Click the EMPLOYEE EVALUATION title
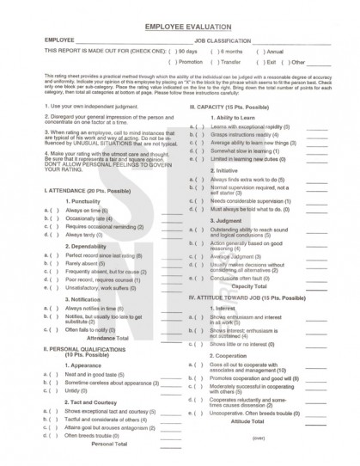(x=180, y=28)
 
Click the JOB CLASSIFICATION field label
(x=223, y=40)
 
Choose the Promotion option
(x=174, y=62)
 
